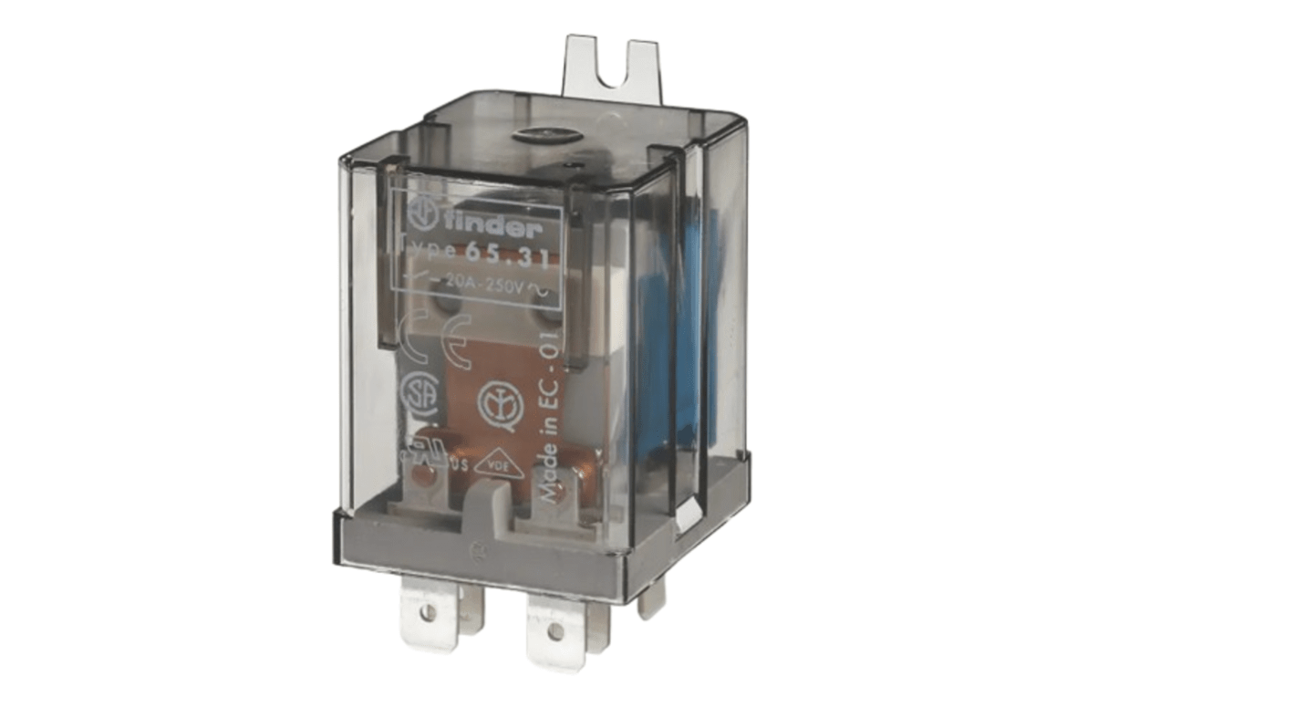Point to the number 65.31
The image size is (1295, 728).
click(506, 257)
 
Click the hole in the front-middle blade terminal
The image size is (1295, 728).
click(554, 630)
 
